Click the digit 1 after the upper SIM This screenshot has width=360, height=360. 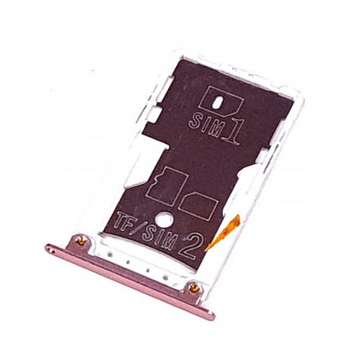coord(233,130)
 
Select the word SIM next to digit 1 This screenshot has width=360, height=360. coord(205,123)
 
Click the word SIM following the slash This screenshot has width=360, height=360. coord(158,238)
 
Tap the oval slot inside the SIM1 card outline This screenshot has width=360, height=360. coord(217,104)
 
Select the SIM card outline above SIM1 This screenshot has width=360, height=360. coord(221,101)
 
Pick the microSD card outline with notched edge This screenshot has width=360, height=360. coord(167,186)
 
